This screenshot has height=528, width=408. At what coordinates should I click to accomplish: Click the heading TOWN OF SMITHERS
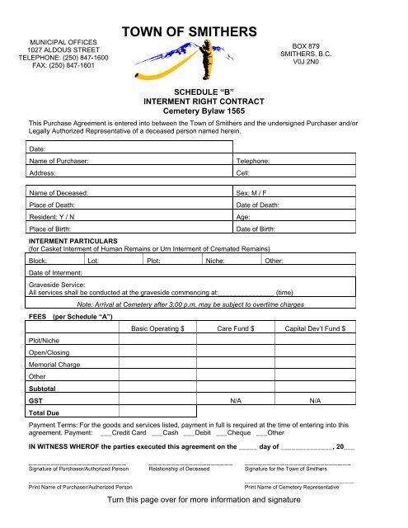pos(190,31)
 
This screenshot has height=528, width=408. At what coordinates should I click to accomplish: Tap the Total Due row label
pos(45,410)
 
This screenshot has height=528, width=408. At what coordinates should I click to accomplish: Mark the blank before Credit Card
pos(105,432)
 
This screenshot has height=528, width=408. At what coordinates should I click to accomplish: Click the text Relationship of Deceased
pos(179,469)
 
